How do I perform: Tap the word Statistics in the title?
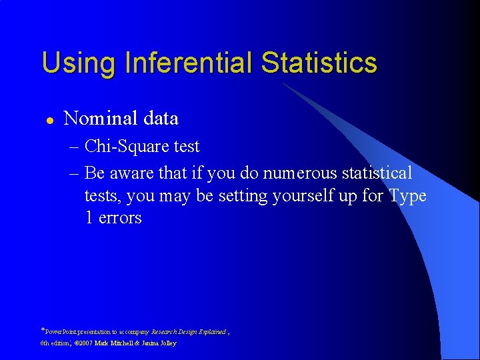click(x=319, y=63)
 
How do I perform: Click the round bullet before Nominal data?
click(x=49, y=119)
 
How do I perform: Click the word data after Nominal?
click(x=161, y=119)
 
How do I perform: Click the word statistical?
click(x=377, y=173)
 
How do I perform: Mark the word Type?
click(x=408, y=196)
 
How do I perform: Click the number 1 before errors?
click(x=89, y=218)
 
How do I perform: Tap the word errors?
click(x=120, y=218)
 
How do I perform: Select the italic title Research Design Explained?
click(x=189, y=331)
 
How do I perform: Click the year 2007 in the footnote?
click(x=82, y=343)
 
